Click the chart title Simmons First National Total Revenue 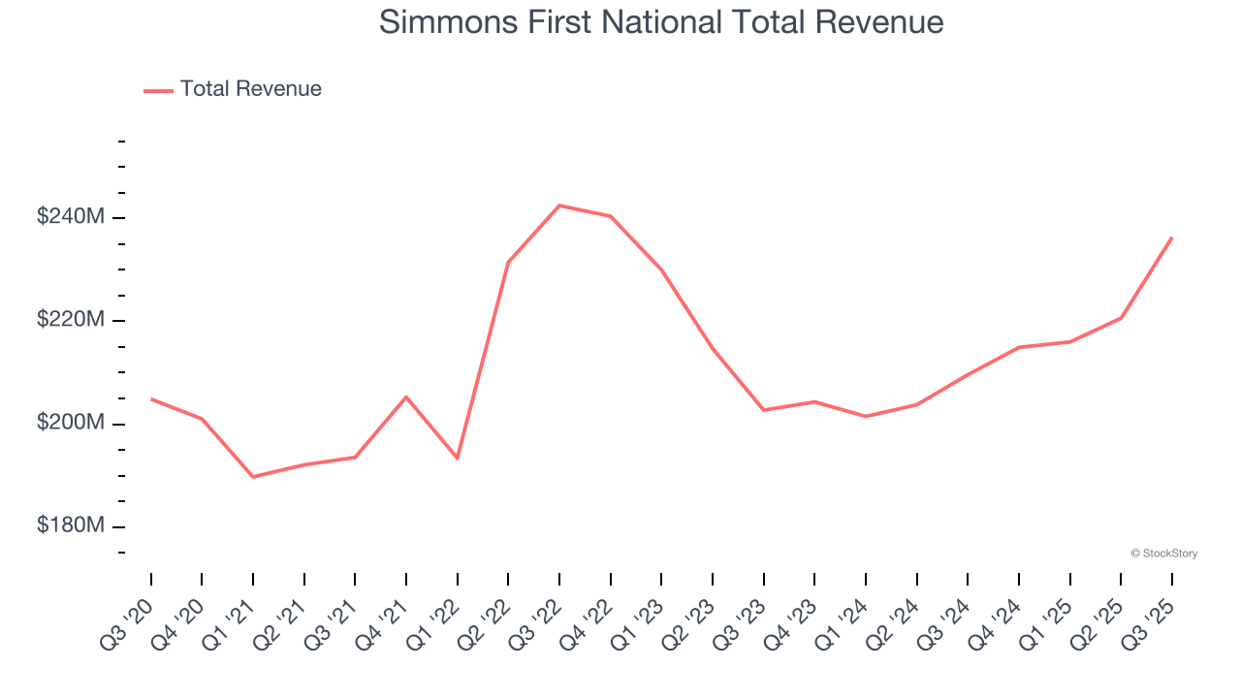pyautogui.click(x=661, y=21)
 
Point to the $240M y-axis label pyautogui.click(x=70, y=217)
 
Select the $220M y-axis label pyautogui.click(x=70, y=320)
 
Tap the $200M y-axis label pyautogui.click(x=70, y=424)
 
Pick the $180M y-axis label pyautogui.click(x=70, y=526)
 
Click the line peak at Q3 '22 pyautogui.click(x=559, y=206)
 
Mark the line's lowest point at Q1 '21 pyautogui.click(x=253, y=477)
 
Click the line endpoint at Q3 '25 pyautogui.click(x=1171, y=238)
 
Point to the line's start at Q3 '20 pyautogui.click(x=151, y=398)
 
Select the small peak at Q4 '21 pyautogui.click(x=406, y=397)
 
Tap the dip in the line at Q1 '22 pyautogui.click(x=458, y=459)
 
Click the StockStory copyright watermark pyautogui.click(x=1163, y=554)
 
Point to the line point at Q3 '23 pyautogui.click(x=763, y=410)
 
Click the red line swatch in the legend pyautogui.click(x=158, y=90)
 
